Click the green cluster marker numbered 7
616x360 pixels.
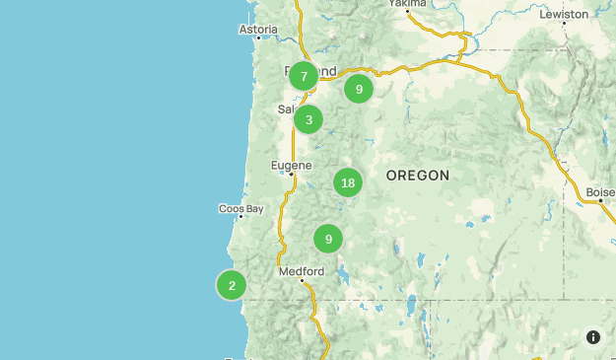[x=304, y=76]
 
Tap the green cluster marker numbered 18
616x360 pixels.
[x=347, y=182]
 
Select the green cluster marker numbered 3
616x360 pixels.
[x=308, y=120]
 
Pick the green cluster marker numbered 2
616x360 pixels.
[x=232, y=286]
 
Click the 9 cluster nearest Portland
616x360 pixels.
[x=359, y=89]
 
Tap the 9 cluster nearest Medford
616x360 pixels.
[x=328, y=239]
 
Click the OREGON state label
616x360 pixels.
[x=418, y=176]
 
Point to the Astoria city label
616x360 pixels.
[x=258, y=30]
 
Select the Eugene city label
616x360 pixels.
[x=292, y=165]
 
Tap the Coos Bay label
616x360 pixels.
[x=241, y=208]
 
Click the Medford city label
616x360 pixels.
[x=302, y=271]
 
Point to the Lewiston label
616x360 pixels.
[x=565, y=15]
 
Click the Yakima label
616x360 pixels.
[x=407, y=4]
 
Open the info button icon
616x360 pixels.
[x=592, y=337]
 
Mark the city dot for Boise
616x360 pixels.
[x=600, y=201]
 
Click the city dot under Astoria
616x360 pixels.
[x=259, y=38]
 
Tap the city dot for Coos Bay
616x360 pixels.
[x=240, y=217]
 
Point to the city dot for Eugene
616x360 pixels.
[x=292, y=175]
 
